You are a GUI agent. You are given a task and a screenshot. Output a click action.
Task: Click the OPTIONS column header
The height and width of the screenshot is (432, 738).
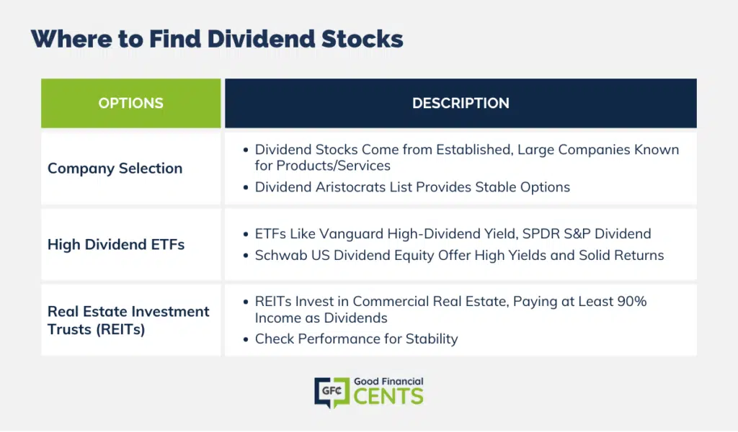[131, 104]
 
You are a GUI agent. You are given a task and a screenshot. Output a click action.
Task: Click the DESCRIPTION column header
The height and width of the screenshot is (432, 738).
[461, 104]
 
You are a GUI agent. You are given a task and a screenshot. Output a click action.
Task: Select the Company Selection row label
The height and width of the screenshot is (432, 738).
[115, 168]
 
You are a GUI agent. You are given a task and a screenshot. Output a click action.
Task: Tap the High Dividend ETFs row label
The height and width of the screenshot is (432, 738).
[116, 244]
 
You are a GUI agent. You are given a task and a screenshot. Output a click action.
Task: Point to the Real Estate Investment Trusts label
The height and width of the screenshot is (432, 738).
[128, 320]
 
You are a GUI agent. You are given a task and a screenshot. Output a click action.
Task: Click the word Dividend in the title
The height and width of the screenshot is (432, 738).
[261, 39]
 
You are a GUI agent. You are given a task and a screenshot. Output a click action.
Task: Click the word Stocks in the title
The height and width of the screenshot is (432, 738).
[362, 39]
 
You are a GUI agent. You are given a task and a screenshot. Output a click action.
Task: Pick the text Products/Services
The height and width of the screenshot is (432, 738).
[333, 166]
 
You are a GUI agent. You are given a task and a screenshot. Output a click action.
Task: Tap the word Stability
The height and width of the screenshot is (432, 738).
[432, 339]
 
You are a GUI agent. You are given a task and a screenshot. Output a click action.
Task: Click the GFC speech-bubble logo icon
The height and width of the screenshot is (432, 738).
[332, 392]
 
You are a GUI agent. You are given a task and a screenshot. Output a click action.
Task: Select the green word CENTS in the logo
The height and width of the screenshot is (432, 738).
[388, 397]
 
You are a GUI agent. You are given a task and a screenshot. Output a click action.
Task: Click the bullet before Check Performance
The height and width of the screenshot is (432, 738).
[246, 339]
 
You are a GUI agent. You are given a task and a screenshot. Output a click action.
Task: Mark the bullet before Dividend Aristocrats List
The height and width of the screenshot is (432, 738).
[246, 188]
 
